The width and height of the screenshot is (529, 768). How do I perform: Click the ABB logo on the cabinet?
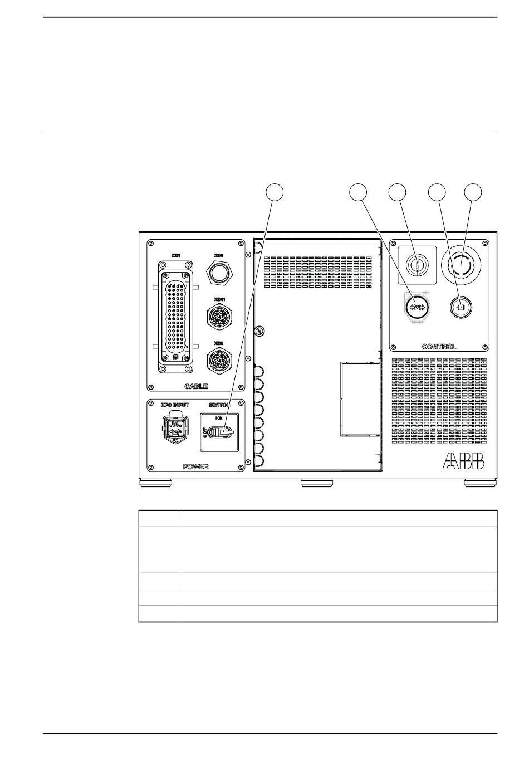(x=464, y=461)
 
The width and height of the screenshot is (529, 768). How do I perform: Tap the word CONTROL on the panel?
(x=439, y=347)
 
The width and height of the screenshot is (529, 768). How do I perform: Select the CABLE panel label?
(x=196, y=386)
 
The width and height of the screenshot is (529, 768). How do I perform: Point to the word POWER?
(x=196, y=466)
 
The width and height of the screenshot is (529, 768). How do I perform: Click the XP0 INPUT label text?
(x=175, y=405)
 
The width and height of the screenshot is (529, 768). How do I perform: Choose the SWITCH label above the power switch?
(x=219, y=405)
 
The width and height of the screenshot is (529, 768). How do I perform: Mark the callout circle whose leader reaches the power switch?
(x=273, y=191)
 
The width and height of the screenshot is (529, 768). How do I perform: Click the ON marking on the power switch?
(x=219, y=417)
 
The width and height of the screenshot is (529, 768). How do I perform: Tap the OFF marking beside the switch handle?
(x=205, y=432)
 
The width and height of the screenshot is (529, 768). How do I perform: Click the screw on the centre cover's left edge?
(x=258, y=331)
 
